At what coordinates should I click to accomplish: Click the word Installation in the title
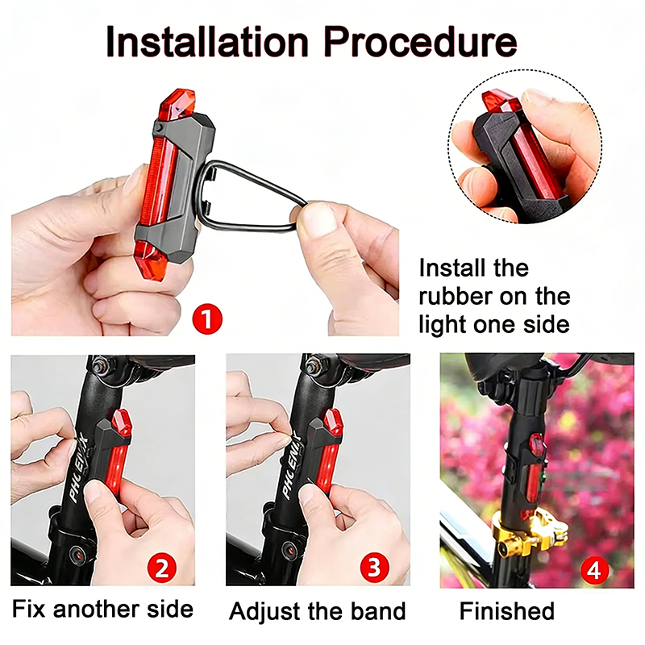(206, 42)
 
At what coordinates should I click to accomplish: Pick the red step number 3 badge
(372, 568)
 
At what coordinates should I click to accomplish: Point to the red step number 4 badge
(595, 571)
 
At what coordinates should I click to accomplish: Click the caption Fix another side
(103, 610)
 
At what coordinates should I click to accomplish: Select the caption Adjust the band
(317, 611)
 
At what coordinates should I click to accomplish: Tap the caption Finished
(506, 610)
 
